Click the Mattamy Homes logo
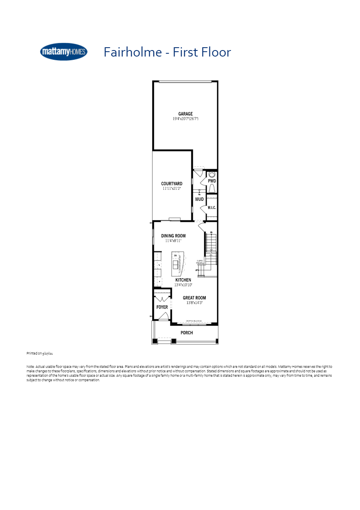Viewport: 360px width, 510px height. coord(64,52)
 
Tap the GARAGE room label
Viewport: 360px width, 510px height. coord(185,114)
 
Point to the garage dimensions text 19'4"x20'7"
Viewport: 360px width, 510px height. coord(185,119)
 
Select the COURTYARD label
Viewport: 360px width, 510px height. coord(172,184)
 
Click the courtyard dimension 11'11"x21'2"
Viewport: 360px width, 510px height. coord(172,189)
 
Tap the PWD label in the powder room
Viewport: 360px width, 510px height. coord(212,181)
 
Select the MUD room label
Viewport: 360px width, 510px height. coord(199,199)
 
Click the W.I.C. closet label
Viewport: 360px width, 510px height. coord(212,208)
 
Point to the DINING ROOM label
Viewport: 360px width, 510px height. coord(173,236)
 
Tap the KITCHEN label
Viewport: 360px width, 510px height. coord(183,280)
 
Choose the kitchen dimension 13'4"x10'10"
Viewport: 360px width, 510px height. coord(183,285)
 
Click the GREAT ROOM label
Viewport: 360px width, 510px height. coord(194,298)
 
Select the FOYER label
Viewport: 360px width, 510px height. coord(162,307)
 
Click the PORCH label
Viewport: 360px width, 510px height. coord(186,333)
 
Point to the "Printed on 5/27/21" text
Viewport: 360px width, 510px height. coord(40,353)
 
